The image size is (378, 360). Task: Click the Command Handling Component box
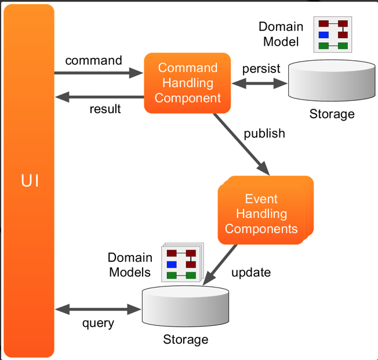coord(187,83)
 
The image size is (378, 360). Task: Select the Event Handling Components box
coord(264,213)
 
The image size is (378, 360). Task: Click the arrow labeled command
coord(99,73)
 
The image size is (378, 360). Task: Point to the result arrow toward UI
coord(99,96)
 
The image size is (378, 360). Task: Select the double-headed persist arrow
coord(260,83)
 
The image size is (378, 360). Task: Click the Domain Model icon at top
coord(333,35)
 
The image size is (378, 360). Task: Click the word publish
coord(264,133)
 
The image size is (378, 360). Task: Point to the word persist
coord(261,68)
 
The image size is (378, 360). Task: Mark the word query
coord(98,323)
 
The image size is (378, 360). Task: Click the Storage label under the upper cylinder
coord(332,114)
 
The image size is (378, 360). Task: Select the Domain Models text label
coord(130,265)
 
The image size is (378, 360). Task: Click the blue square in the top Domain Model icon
coord(323,35)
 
